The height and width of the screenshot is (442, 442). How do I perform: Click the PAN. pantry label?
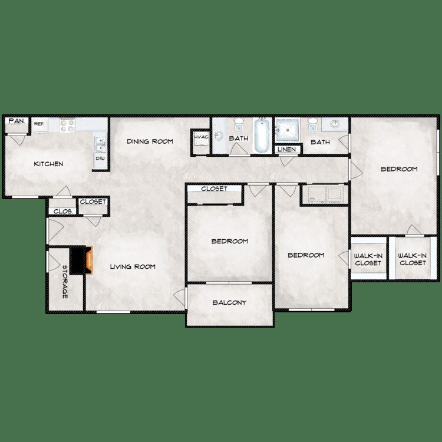click(16, 121)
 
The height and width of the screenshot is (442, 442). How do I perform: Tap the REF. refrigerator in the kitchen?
click(39, 125)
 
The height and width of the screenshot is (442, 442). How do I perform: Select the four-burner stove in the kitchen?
click(67, 125)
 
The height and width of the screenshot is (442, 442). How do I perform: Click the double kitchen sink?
click(100, 144)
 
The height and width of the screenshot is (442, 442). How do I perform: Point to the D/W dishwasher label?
click(100, 159)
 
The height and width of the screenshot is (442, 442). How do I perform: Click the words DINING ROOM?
click(150, 141)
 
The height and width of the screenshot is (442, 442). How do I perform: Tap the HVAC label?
click(199, 138)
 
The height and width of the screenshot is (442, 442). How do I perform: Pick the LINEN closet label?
click(287, 150)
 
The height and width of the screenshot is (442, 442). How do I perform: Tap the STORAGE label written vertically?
click(65, 282)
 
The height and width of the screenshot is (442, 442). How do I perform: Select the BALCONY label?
click(229, 303)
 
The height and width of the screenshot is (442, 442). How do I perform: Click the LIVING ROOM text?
click(133, 267)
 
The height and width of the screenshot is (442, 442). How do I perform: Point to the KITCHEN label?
click(48, 164)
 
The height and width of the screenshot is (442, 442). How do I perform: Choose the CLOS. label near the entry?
click(63, 211)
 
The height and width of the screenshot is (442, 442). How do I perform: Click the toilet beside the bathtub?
click(239, 126)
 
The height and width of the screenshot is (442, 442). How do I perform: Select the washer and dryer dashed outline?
click(323, 194)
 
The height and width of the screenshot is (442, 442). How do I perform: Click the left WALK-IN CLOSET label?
click(368, 259)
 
